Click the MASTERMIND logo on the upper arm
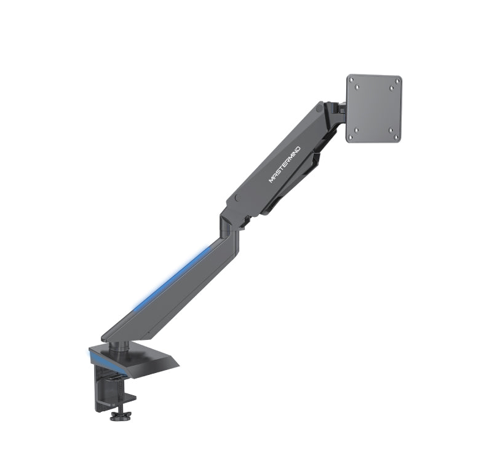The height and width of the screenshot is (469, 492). tap(284, 164)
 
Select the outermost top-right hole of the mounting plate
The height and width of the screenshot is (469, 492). tap(398, 81)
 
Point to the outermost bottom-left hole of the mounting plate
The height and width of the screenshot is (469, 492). tap(351, 137)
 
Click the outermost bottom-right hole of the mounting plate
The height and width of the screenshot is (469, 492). tap(397, 138)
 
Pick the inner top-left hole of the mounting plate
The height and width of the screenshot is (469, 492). tap(357, 88)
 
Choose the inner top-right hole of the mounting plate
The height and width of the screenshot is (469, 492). tap(392, 89)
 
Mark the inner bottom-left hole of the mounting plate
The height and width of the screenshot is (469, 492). tap(356, 129)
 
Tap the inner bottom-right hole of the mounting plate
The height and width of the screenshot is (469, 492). tap(391, 130)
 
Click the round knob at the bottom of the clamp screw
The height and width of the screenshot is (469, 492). tap(121, 416)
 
